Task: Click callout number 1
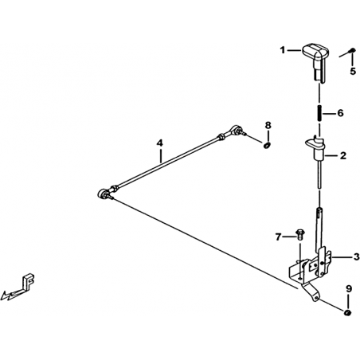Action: tap(283, 49)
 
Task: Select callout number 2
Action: tap(343, 155)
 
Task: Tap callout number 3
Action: tap(356, 256)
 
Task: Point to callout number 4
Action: tap(159, 143)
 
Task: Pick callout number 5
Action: tap(353, 71)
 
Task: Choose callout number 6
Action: tap(340, 113)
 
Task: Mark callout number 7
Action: tap(278, 237)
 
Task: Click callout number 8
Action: tap(268, 125)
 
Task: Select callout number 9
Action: tap(349, 289)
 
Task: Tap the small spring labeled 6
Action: tap(319, 113)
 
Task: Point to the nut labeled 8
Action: tap(267, 146)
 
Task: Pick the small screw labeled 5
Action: tap(352, 50)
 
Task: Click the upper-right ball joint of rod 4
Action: tap(236, 130)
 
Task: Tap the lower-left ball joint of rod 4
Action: tap(104, 194)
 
